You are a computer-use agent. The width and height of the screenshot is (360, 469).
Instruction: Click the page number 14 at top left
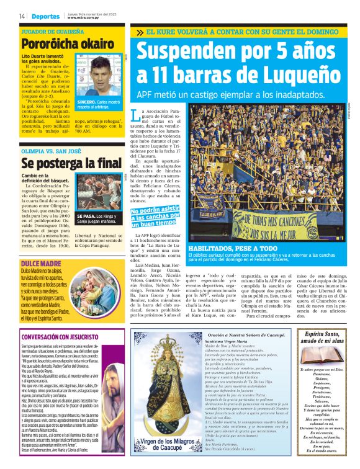click(22, 16)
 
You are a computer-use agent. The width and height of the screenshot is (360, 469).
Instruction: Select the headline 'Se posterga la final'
click(62, 164)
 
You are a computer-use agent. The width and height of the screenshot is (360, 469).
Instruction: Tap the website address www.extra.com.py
click(84, 17)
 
